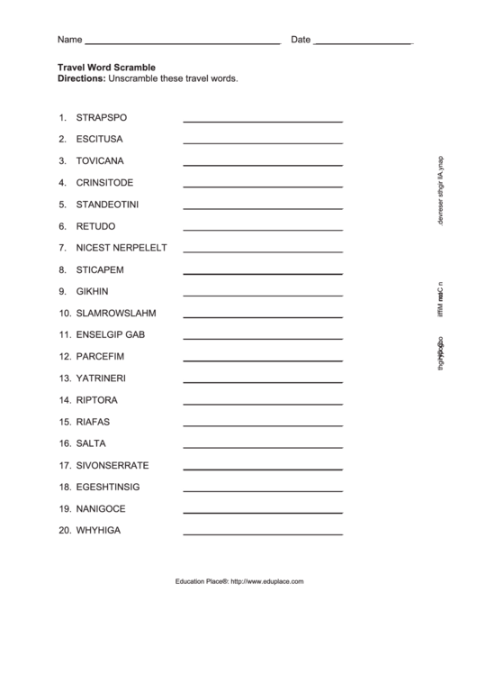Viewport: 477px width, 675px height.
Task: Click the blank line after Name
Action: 182,42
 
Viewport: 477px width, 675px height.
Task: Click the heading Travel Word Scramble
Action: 106,67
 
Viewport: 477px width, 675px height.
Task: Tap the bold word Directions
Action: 81,78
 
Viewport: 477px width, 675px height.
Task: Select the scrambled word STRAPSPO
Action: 102,118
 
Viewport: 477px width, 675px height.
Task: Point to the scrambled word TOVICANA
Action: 101,161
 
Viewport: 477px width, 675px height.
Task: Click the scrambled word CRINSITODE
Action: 104,183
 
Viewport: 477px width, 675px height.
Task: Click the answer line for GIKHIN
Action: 262,294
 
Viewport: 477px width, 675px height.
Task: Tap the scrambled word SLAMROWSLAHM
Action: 116,314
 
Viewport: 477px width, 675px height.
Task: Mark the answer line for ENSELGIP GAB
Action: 262,337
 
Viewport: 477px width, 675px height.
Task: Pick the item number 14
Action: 65,400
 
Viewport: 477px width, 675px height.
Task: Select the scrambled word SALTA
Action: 91,443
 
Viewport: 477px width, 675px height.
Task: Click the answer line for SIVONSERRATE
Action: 262,468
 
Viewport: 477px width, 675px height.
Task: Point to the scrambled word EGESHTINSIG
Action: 108,488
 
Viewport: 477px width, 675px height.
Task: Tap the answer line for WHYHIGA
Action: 262,534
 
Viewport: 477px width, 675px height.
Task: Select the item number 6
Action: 63,226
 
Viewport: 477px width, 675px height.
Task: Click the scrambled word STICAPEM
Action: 100,269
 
